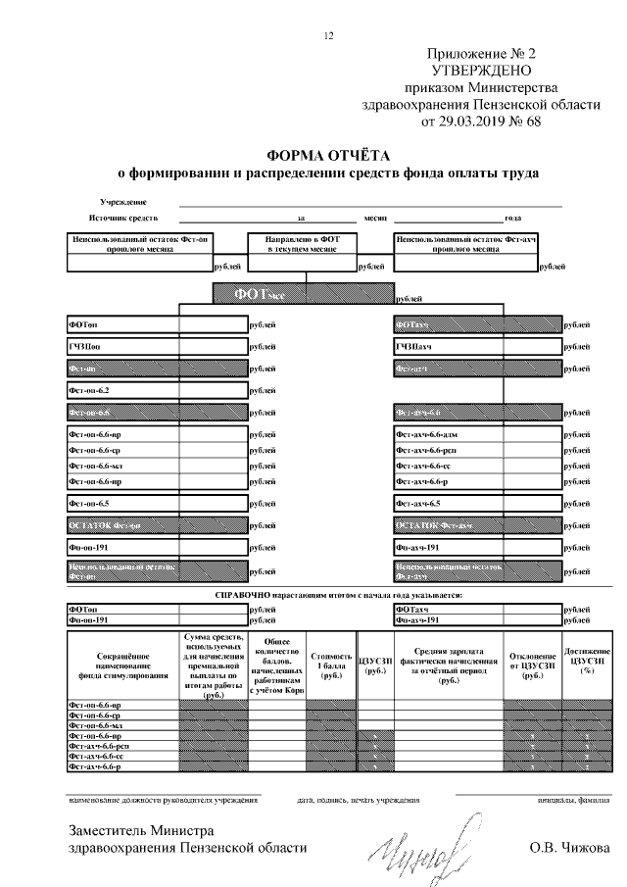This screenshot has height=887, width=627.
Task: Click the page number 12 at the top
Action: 329,36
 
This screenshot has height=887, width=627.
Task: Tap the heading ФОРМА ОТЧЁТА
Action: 328,155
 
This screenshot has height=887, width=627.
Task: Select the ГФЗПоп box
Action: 157,347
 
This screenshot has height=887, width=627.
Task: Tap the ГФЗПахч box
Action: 477,347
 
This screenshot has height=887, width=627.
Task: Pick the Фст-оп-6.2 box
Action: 157,391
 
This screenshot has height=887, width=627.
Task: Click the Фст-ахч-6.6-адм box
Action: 477,434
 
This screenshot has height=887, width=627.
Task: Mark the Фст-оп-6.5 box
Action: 157,504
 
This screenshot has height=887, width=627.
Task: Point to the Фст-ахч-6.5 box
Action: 477,504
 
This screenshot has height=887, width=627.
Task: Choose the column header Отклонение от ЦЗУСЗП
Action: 533,664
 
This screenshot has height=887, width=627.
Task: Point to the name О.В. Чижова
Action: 568,848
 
